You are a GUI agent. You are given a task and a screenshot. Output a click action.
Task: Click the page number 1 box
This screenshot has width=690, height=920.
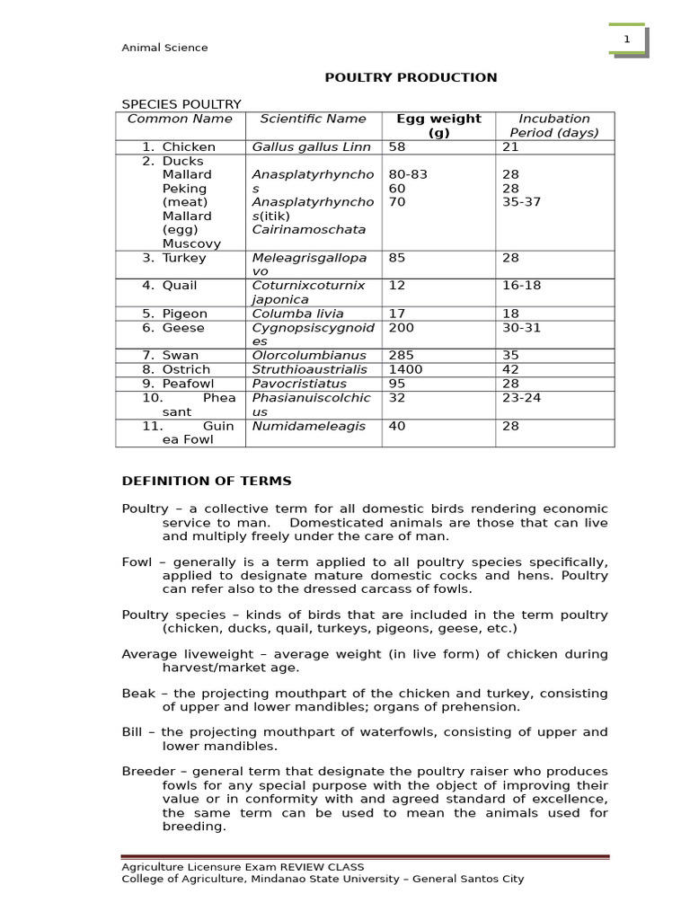click(x=627, y=40)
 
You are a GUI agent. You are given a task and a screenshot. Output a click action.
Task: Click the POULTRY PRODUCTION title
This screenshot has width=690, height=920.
click(x=411, y=77)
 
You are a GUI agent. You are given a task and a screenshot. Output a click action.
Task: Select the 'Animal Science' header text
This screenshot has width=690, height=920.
click(x=164, y=48)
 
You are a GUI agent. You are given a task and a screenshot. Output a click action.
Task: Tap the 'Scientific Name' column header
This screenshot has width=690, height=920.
click(x=313, y=119)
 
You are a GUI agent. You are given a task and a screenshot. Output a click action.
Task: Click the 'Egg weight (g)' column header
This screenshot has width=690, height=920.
click(x=438, y=126)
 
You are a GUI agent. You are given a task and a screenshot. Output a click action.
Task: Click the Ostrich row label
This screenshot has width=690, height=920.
click(x=186, y=369)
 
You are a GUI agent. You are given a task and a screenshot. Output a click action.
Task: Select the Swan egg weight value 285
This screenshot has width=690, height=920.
click(x=401, y=356)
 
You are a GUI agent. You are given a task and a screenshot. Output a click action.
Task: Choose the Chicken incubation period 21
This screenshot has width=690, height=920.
click(x=510, y=146)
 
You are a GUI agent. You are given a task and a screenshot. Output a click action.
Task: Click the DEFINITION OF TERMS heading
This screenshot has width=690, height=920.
click(x=207, y=482)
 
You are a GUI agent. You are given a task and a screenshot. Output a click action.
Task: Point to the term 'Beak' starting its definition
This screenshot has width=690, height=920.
click(x=137, y=694)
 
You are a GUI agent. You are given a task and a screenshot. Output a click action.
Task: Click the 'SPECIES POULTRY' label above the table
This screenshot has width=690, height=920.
click(x=181, y=104)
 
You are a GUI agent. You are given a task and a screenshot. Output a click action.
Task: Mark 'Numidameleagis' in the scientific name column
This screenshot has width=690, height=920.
click(x=308, y=426)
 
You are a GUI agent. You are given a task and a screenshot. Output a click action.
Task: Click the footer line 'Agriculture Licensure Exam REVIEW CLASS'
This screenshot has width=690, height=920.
click(x=243, y=867)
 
